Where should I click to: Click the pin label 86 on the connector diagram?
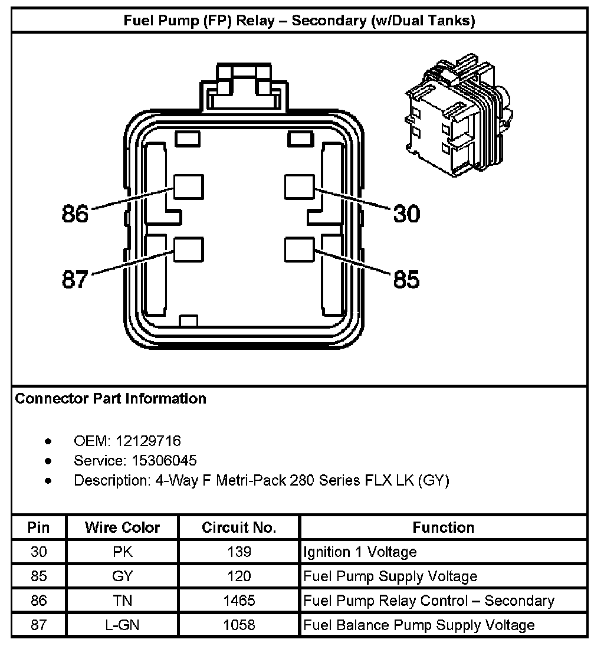pyautogui.click(x=75, y=214)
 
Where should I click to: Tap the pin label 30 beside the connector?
pyautogui.click(x=406, y=214)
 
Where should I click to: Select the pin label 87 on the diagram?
pyautogui.click(x=75, y=279)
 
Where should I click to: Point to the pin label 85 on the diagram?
pyautogui.click(x=406, y=279)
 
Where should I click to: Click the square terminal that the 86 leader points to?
pyautogui.click(x=189, y=187)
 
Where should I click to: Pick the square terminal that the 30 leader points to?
pyautogui.click(x=299, y=187)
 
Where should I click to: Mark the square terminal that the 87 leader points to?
pyautogui.click(x=189, y=250)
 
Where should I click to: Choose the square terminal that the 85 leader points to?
pyautogui.click(x=299, y=250)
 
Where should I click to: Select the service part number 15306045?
pyautogui.click(x=156, y=460)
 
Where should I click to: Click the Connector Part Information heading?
pyautogui.click(x=111, y=399)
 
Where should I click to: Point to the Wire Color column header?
pyautogui.click(x=122, y=527)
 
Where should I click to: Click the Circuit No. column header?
pyautogui.click(x=239, y=527)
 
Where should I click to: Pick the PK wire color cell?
pyautogui.click(x=122, y=552)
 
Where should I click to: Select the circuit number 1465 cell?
pyautogui.click(x=239, y=601)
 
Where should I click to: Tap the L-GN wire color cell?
pyautogui.click(x=122, y=625)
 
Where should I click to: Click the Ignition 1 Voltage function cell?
pyautogui.click(x=360, y=552)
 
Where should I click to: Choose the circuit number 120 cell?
pyautogui.click(x=239, y=576)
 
